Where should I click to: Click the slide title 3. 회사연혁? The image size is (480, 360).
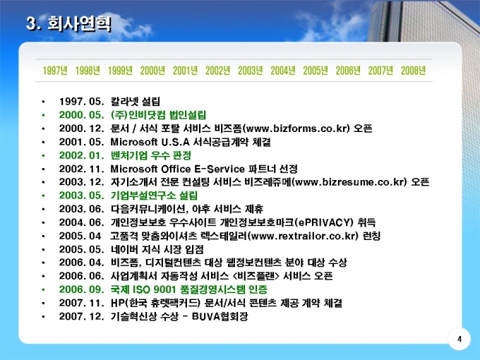click(x=68, y=23)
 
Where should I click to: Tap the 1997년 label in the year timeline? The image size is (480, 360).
click(x=55, y=71)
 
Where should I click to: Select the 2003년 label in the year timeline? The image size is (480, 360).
click(x=251, y=71)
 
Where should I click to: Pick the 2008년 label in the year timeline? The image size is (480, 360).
click(x=413, y=71)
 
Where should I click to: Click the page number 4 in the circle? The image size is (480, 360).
click(x=460, y=340)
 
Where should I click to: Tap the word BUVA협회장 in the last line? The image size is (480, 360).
click(x=220, y=316)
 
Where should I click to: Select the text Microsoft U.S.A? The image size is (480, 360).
click(x=150, y=142)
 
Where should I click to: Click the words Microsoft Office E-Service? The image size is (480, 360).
click(x=178, y=169)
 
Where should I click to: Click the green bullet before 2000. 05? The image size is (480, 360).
click(x=43, y=115)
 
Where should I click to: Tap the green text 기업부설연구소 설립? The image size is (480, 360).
click(x=154, y=196)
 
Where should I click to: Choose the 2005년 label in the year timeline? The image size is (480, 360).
click(x=316, y=71)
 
